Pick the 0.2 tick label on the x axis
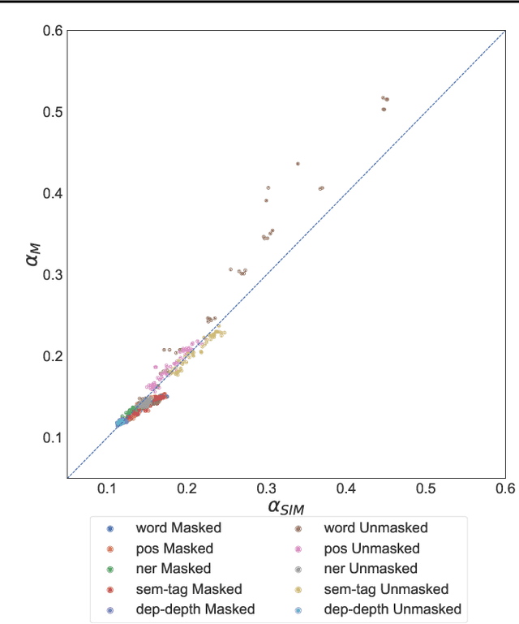click(187, 490)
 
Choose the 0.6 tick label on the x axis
click(504, 490)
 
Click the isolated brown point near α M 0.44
click(298, 163)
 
